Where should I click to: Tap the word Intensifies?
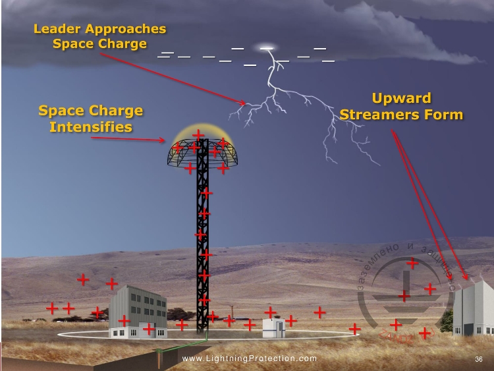click(x=91, y=127)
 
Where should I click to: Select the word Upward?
click(x=401, y=99)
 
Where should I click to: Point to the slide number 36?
click(x=479, y=359)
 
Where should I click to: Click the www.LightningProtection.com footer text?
click(x=249, y=359)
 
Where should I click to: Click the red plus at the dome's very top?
click(x=198, y=135)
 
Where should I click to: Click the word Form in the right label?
click(x=445, y=115)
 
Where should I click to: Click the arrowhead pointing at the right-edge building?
click(x=465, y=278)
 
